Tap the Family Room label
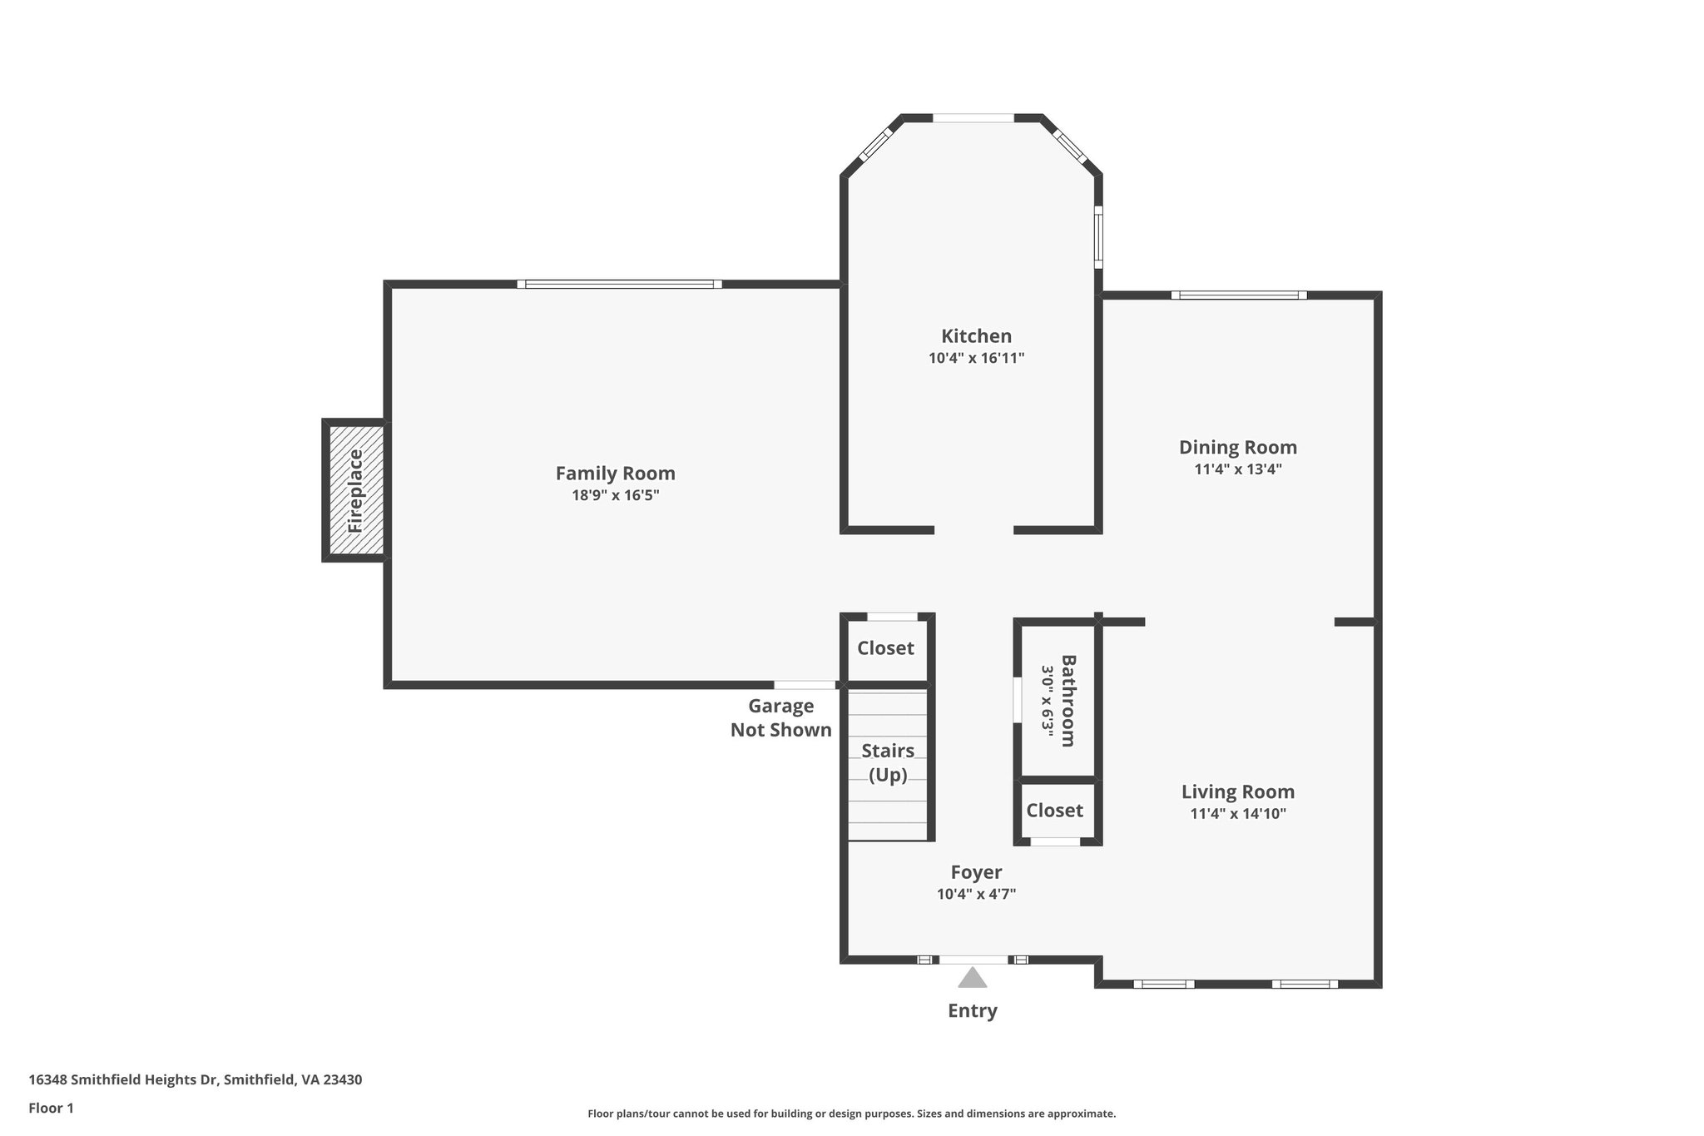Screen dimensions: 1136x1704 pos(615,474)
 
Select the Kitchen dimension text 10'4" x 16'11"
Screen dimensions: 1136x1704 pos(976,359)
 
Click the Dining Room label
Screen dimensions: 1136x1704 pos(1237,448)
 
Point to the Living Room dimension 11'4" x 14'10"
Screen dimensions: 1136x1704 pos(1237,814)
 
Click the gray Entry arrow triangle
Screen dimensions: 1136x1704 pos(972,978)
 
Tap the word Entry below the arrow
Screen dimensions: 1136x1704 pos(972,1011)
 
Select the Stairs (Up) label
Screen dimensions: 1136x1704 pos(887,762)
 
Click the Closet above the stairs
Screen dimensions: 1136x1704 pos(885,648)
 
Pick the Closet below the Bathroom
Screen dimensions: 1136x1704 pos(1054,811)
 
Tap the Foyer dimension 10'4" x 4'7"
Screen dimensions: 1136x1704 pos(976,895)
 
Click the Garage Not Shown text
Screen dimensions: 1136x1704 pos(780,718)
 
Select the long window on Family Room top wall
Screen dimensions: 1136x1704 pos(619,284)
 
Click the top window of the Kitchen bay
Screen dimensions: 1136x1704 pos(973,118)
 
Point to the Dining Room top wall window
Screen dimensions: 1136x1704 pos(1238,295)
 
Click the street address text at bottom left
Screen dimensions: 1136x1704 pos(195,1080)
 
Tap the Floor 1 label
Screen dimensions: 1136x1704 pos(51,1109)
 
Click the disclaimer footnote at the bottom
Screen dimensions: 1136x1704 pos(851,1114)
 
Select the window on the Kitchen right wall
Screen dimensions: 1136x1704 pos(1098,237)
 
